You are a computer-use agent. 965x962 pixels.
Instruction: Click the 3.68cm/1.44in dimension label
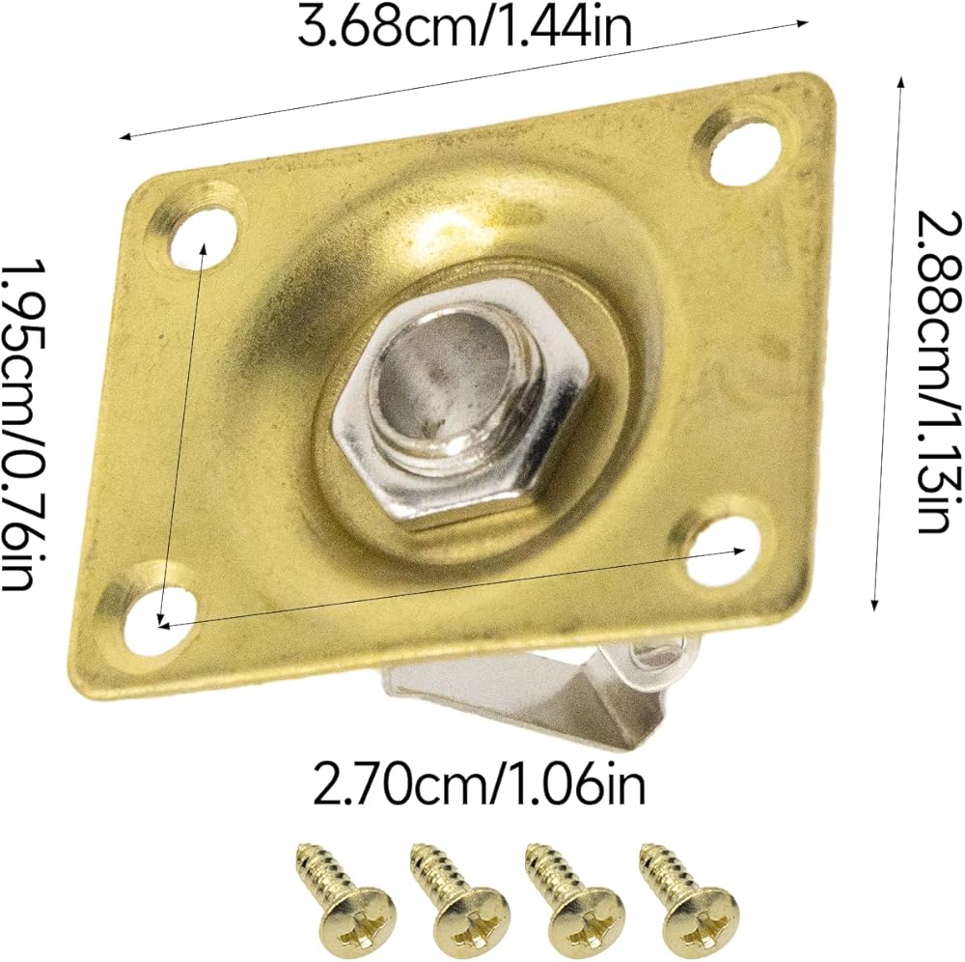pyautogui.click(x=465, y=26)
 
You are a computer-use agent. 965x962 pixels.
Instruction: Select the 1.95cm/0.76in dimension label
pyautogui.click(x=25, y=425)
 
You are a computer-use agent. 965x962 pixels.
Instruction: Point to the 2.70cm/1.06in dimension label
pyautogui.click(x=480, y=782)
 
